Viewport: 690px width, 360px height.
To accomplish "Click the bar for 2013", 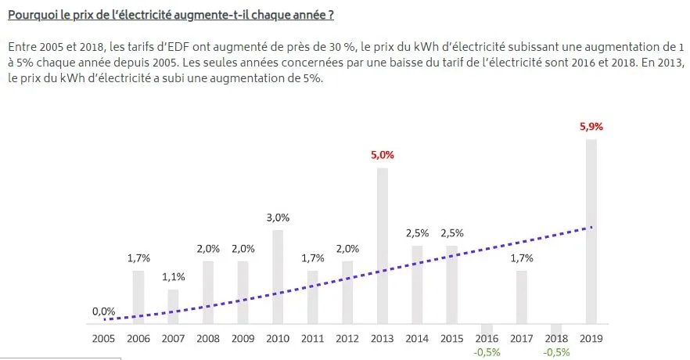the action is [383, 246].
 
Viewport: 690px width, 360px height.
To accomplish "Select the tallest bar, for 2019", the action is [591, 232].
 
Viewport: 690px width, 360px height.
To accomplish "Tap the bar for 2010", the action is [278, 277].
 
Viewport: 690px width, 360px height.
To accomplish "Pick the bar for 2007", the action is [174, 307].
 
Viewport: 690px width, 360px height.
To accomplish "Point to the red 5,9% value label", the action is [591, 127].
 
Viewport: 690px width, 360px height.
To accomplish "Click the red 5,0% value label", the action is [383, 155].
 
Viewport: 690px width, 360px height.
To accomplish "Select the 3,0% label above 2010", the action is [278, 218].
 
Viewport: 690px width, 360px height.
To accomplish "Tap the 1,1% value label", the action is [174, 277].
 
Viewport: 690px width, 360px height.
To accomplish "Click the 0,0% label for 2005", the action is [103, 311].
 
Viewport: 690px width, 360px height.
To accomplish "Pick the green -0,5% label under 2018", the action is [557, 352].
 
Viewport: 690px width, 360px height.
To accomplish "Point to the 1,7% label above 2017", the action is [522, 258].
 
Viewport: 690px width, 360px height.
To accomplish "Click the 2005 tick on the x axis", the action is [103, 338].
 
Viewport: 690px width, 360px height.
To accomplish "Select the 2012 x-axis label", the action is [347, 338].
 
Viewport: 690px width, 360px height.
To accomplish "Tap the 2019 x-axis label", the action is [591, 338].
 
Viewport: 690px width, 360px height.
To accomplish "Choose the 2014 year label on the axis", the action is [417, 338].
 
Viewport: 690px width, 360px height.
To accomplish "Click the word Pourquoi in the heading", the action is [33, 15].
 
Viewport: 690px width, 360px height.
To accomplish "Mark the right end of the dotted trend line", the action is [592, 227].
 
